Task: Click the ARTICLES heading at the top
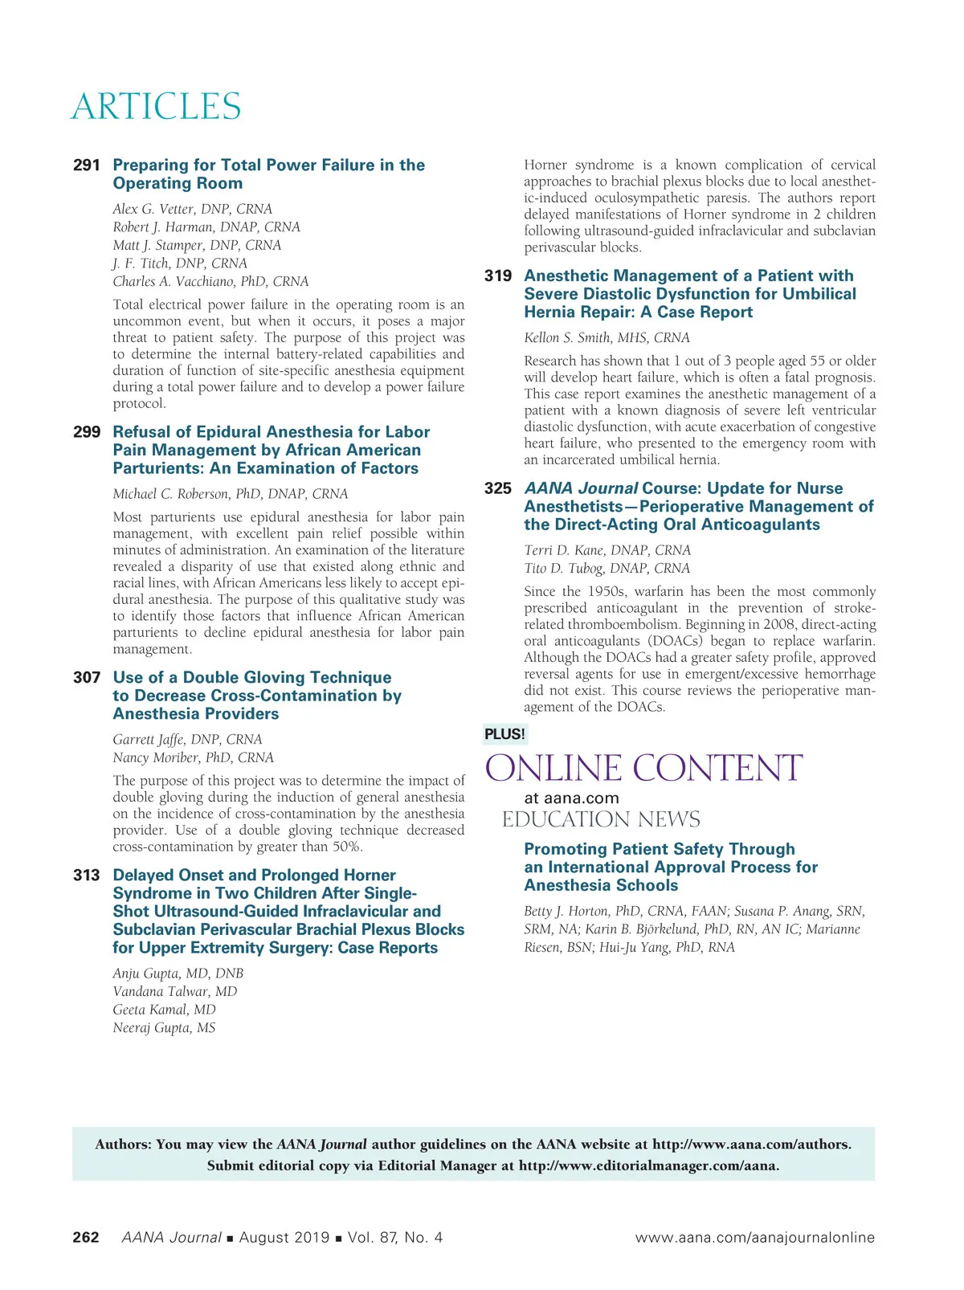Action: pos(156,107)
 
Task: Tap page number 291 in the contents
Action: pos(87,165)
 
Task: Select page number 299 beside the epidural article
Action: pos(87,432)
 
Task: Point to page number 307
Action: pos(87,678)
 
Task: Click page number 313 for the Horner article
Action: pos(87,876)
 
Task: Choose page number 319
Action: pos(498,276)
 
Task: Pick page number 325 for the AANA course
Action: pos(498,488)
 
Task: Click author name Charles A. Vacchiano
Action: pos(210,282)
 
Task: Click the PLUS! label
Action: pos(504,734)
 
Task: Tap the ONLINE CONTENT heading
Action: pos(643,769)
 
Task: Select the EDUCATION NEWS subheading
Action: pos(601,820)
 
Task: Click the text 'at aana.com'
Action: pos(571,798)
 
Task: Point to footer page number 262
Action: pos(86,1238)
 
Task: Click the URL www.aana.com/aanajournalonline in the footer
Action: pos(754,1238)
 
